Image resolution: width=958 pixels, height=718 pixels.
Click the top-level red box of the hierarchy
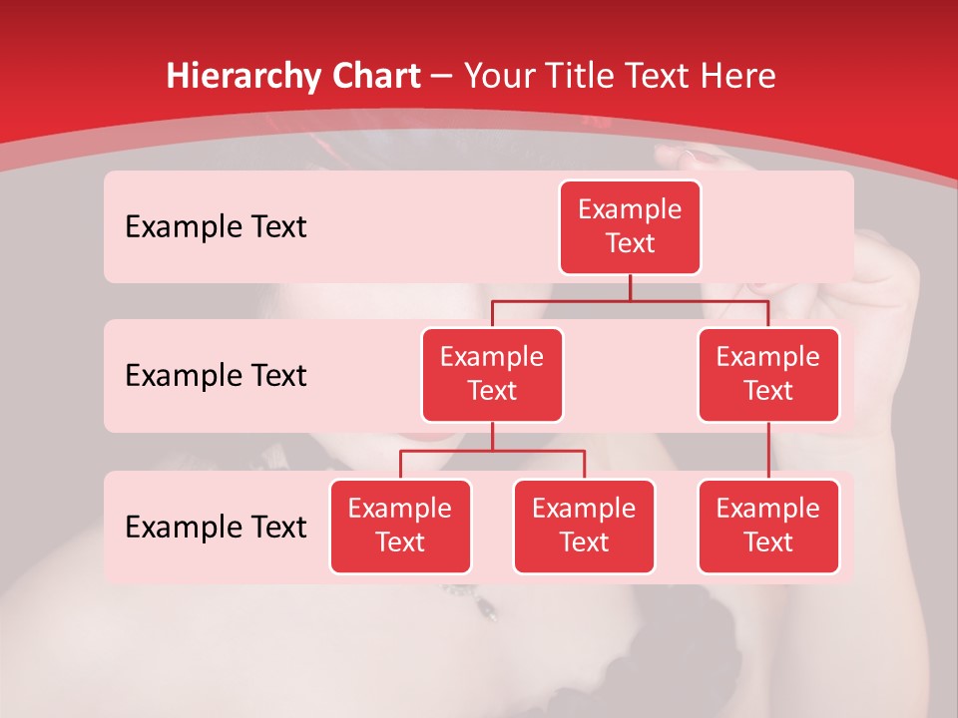pyautogui.click(x=630, y=226)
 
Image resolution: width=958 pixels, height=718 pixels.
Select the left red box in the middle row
pyautogui.click(x=492, y=374)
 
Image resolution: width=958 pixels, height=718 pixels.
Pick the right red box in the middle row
pyautogui.click(x=768, y=374)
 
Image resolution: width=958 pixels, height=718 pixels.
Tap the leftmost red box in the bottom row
pyautogui.click(x=400, y=526)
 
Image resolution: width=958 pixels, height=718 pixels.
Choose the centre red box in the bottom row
pyautogui.click(x=584, y=526)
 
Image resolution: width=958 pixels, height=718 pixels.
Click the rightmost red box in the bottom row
pyautogui.click(x=768, y=526)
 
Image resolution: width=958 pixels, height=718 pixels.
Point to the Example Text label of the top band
pyautogui.click(x=216, y=226)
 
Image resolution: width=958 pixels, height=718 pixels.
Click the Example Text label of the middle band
pyautogui.click(x=216, y=375)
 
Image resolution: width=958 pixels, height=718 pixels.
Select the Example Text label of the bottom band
pyautogui.click(x=216, y=527)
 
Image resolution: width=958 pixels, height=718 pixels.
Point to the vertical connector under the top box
pyautogui.click(x=630, y=287)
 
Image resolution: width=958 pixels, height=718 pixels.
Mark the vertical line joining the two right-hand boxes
pyautogui.click(x=768, y=451)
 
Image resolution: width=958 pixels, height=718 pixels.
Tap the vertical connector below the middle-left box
pyautogui.click(x=492, y=436)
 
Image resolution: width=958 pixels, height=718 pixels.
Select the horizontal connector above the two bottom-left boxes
pyautogui.click(x=492, y=451)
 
